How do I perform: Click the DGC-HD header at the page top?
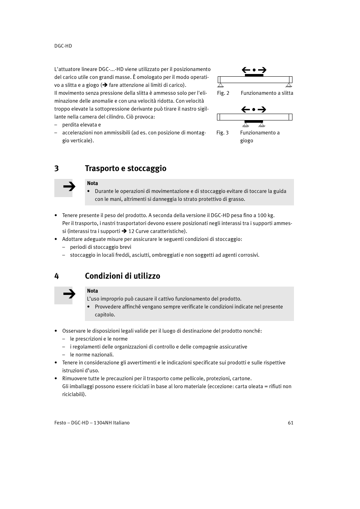pyautogui.click(x=63, y=46)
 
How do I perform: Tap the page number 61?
pyautogui.click(x=291, y=423)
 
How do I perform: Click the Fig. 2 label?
pyautogui.click(x=223, y=93)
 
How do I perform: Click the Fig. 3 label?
pyautogui.click(x=222, y=133)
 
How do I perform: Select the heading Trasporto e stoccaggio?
pyautogui.click(x=125, y=168)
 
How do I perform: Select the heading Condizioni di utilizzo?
pyautogui.click(x=122, y=276)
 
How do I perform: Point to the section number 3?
pyautogui.click(x=57, y=168)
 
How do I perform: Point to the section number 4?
pyautogui.click(x=57, y=276)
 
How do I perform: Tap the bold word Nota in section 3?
pyautogui.click(x=92, y=183)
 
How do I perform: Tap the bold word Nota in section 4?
pyautogui.click(x=92, y=291)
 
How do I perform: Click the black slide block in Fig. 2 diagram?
pyautogui.click(x=254, y=75)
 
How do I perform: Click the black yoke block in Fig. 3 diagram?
pyautogui.click(x=254, y=122)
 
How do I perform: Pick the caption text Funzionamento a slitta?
pyautogui.click(x=267, y=93)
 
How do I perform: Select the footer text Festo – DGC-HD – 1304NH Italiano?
pyautogui.click(x=92, y=423)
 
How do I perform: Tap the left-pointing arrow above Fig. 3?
pyautogui.click(x=246, y=110)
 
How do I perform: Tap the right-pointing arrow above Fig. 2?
pyautogui.click(x=262, y=70)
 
